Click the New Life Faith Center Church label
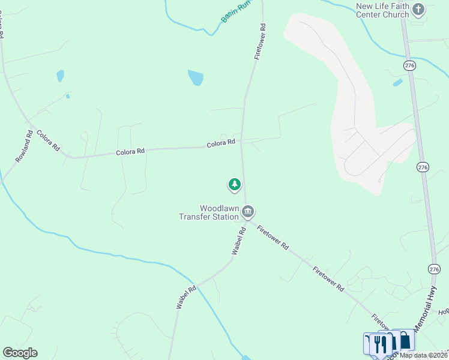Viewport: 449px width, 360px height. point(383,10)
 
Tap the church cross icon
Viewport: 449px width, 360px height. point(418,10)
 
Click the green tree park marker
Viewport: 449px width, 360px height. point(234,184)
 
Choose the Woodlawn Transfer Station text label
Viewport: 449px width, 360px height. point(208,212)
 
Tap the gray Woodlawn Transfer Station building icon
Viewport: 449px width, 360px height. point(248,212)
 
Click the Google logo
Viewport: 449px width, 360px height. point(20,352)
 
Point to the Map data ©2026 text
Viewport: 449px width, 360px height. point(423,355)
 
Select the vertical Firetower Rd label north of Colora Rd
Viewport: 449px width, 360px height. point(259,41)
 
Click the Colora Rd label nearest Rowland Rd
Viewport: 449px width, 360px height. point(48,140)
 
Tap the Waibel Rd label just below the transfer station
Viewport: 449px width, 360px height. point(238,240)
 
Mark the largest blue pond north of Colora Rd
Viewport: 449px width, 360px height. point(196,78)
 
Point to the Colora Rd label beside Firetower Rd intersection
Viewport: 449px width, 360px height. point(221,143)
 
